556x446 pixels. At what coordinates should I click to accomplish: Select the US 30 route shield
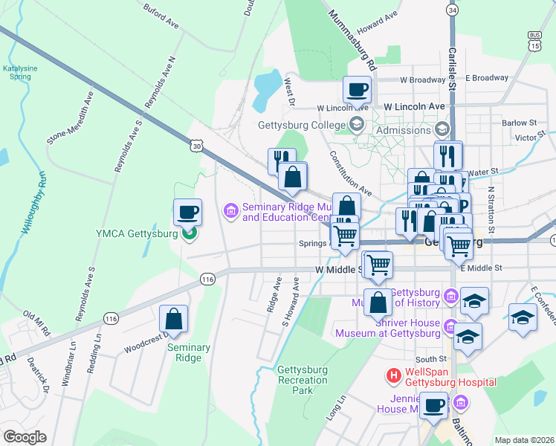coord(195,146)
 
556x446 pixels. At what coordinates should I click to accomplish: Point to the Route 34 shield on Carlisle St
coord(452,9)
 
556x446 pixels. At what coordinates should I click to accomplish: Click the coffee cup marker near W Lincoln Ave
coord(357,89)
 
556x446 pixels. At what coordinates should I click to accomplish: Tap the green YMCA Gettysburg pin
coord(190,233)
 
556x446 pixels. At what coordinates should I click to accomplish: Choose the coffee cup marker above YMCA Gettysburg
coord(187,212)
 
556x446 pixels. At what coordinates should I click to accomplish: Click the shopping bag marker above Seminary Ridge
coord(173,319)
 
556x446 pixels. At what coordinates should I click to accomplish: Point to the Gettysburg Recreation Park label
coord(302,380)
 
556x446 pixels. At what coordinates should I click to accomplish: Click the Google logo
coord(25,436)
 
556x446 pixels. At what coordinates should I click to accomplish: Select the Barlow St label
coord(518,123)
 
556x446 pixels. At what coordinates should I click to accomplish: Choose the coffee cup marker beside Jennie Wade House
coord(434,406)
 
